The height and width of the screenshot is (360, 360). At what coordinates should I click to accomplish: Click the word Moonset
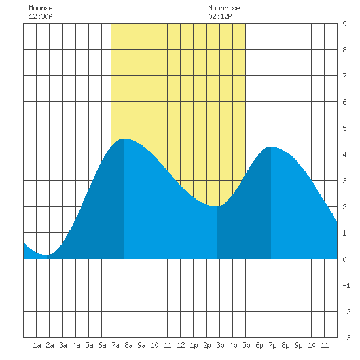[43, 8]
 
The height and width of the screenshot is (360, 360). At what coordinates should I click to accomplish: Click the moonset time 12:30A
[41, 16]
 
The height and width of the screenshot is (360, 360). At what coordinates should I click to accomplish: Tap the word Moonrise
[224, 8]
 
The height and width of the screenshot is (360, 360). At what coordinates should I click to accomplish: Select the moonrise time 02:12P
[220, 16]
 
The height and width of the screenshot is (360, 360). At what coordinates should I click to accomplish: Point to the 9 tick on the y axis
[344, 24]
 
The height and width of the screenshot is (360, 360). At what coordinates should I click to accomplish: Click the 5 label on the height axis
[344, 128]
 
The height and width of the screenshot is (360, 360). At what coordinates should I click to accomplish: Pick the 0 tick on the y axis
[344, 259]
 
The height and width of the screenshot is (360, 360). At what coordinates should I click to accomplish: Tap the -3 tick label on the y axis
[346, 338]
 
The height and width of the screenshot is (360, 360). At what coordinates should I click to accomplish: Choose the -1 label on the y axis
[346, 285]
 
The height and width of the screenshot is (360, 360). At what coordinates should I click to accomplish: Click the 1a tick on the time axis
[37, 345]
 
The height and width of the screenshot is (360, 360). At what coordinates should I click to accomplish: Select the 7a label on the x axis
[115, 345]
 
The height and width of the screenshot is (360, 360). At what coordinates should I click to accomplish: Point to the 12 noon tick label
[181, 345]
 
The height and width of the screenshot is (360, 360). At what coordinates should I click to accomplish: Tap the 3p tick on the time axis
[220, 345]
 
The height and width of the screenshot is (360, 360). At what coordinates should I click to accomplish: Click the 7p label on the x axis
[272, 345]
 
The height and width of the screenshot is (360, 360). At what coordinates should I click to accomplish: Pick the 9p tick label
[298, 345]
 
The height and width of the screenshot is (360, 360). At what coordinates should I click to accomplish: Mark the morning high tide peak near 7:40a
[124, 139]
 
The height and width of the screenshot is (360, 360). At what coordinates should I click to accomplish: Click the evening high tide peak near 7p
[271, 147]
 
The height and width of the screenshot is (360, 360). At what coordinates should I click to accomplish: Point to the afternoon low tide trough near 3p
[217, 206]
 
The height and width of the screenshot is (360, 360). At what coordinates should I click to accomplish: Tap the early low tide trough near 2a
[47, 255]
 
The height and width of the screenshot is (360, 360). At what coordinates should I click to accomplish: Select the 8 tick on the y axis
[344, 50]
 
